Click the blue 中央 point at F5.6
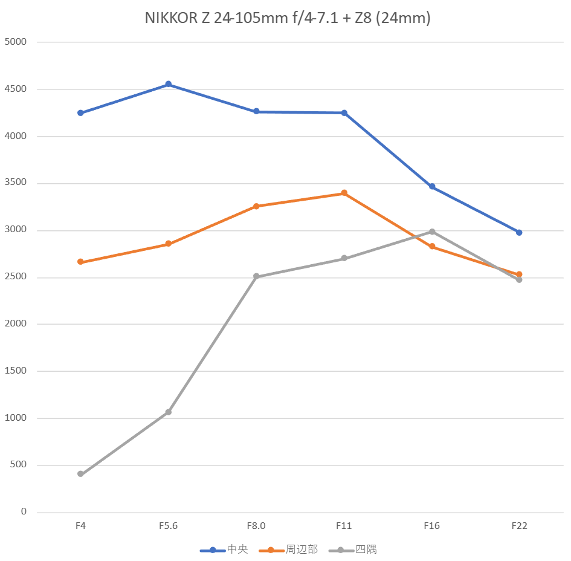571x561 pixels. [x=169, y=85]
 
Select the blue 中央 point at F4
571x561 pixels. [x=80, y=113]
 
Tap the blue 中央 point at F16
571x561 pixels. [x=432, y=187]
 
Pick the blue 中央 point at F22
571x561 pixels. [x=519, y=232]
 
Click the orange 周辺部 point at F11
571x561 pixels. [x=344, y=193]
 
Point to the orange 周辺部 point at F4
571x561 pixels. [x=80, y=262]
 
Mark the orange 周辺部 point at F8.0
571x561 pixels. [x=256, y=206]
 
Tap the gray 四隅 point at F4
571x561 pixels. [x=80, y=474]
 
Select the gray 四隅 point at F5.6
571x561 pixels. [x=169, y=412]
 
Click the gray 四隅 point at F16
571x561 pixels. [x=432, y=232]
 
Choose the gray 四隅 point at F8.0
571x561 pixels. [x=256, y=276]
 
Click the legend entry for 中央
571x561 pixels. [x=224, y=550]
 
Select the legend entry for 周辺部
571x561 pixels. [x=288, y=550]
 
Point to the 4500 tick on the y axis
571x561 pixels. [x=16, y=89]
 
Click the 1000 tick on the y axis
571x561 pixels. [x=16, y=418]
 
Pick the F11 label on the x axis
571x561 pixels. [x=344, y=526]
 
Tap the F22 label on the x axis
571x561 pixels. [x=519, y=526]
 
